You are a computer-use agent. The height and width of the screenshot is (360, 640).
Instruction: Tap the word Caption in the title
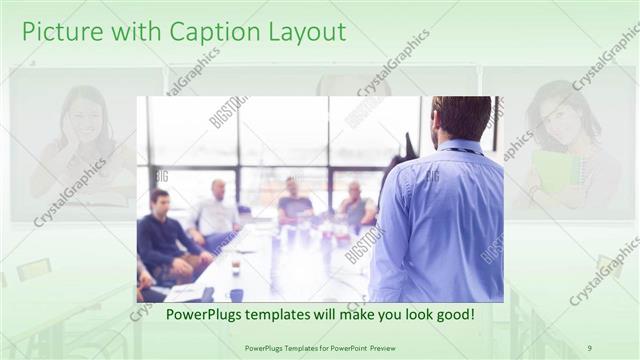pyautogui.click(x=212, y=32)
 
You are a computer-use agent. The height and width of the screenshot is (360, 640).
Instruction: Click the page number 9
pyautogui.click(x=589, y=348)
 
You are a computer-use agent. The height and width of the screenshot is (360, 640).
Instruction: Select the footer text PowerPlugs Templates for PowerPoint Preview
pyautogui.click(x=319, y=348)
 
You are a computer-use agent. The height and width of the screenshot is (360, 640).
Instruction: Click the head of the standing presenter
pyautogui.click(x=461, y=118)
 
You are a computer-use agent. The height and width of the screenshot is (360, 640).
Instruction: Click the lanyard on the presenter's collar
pyautogui.click(x=463, y=151)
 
